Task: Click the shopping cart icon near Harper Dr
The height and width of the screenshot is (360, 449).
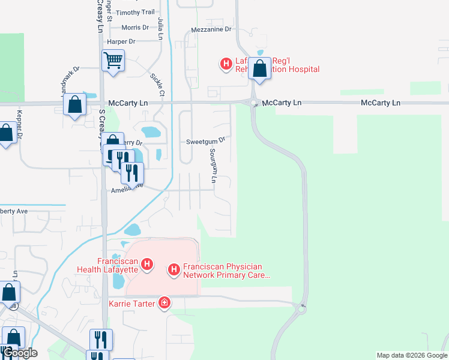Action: pos(113,61)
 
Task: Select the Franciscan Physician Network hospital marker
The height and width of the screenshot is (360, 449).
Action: pos(174,270)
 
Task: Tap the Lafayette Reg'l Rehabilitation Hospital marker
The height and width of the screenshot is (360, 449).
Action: pos(226,64)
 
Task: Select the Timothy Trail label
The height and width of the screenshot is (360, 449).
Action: pos(135,12)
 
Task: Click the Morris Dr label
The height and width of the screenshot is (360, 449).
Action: pos(135,28)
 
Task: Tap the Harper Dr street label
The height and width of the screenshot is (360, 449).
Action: pos(121,42)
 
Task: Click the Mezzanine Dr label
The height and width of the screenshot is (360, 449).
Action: pos(211,29)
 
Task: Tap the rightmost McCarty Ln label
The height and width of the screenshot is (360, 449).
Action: pos(380,103)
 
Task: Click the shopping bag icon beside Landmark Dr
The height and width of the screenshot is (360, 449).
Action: pos(74,104)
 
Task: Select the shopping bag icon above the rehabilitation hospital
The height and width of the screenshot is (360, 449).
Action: pos(259,68)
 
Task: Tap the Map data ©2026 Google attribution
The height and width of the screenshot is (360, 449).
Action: pos(411,355)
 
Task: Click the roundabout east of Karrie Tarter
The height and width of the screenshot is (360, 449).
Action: pos(302,308)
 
